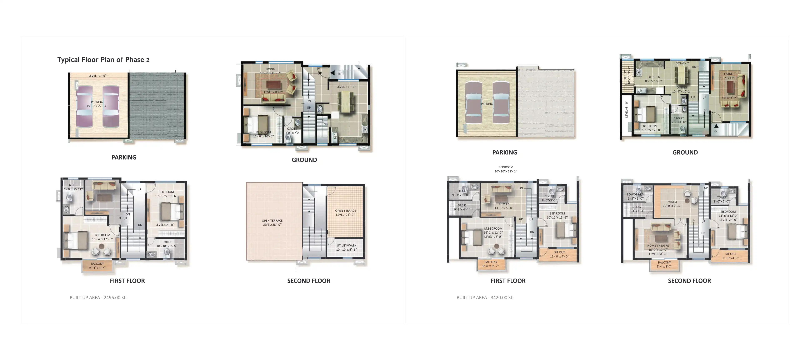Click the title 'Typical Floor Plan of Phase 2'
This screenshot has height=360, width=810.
103,60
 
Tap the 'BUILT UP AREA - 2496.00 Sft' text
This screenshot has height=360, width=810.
98,297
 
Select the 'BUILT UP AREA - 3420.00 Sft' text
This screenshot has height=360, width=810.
485,297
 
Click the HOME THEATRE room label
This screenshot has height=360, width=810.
658,246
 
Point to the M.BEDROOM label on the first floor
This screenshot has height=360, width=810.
493,229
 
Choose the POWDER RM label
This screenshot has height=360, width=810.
635,194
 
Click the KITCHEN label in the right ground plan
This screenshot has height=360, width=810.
654,77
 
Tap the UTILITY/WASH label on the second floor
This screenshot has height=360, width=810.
346,246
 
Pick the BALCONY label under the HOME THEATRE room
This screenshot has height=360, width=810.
664,262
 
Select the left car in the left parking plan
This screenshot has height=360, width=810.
84,106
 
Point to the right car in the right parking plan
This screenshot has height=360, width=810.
501,102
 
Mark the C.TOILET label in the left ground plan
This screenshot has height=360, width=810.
292,129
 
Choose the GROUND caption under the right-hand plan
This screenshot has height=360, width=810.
685,152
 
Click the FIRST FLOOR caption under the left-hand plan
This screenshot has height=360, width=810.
127,281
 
